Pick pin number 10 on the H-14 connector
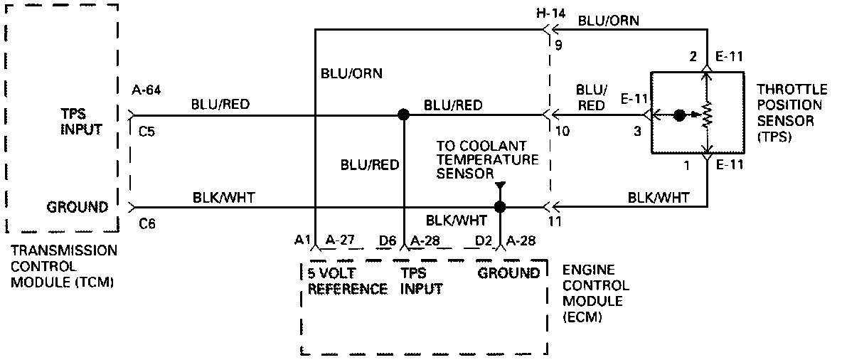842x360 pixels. [562, 131]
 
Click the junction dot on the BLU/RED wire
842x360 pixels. [403, 114]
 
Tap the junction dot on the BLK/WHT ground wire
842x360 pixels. [500, 207]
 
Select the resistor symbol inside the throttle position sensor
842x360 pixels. [707, 114]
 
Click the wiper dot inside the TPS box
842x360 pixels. [679, 115]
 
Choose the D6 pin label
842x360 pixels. [388, 240]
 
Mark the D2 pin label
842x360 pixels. [484, 240]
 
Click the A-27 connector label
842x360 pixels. [340, 240]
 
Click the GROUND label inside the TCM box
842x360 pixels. [78, 207]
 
